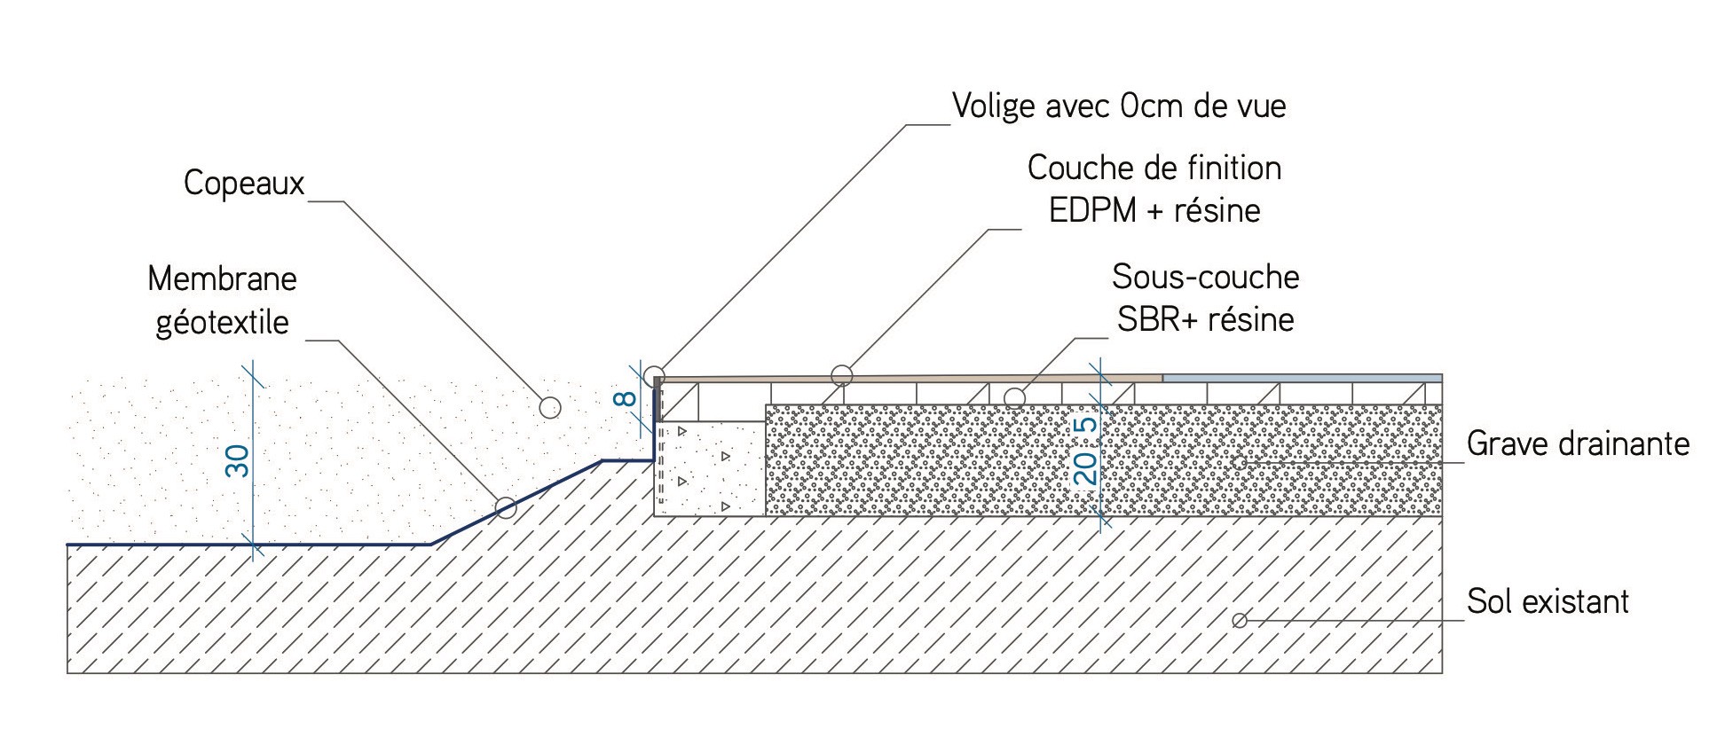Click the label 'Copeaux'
point(244,183)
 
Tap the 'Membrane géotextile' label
point(222,300)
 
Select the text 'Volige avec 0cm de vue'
point(1119,106)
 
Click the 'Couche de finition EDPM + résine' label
point(1154,189)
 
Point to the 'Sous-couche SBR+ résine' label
point(1205,298)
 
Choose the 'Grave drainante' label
point(1578,443)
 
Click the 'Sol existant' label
point(1548,601)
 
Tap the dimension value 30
point(238,461)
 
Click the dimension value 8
point(627,399)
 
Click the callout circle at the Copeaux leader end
point(550,407)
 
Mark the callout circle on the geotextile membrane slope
point(506,507)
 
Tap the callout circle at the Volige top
point(654,374)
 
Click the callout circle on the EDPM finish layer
point(842,376)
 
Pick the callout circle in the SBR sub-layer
point(1015,396)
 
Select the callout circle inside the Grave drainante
point(1240,462)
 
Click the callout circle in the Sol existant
point(1240,620)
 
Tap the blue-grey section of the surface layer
point(1301,378)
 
